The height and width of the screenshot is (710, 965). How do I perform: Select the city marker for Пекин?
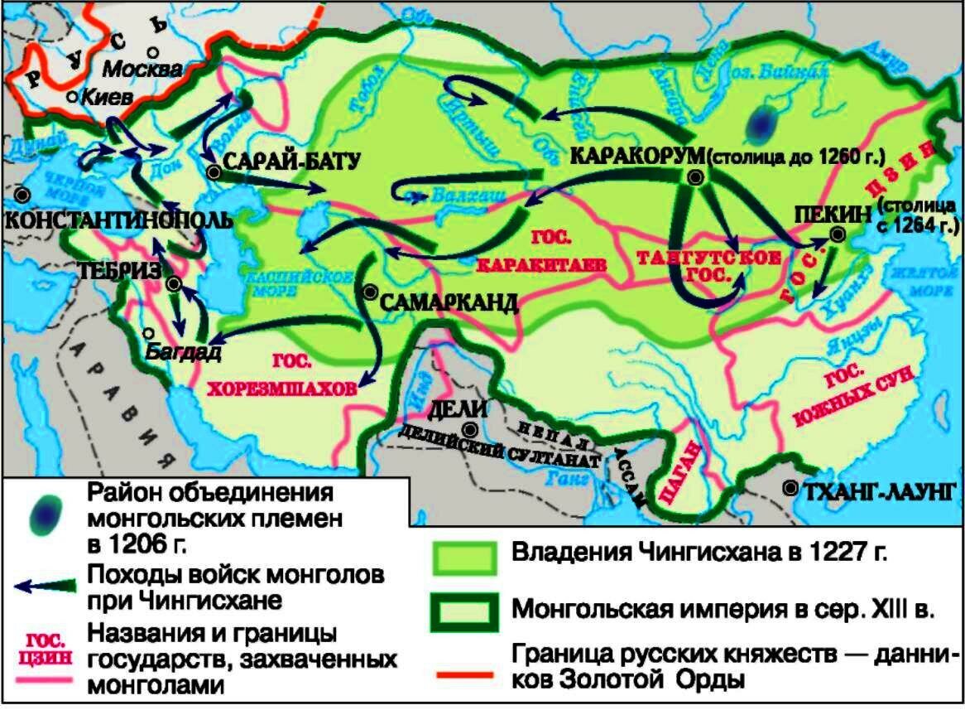pyautogui.click(x=837, y=235)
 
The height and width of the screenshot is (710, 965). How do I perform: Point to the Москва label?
pyautogui.click(x=142, y=68)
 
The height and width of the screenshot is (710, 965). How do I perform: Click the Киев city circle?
pyautogui.click(x=73, y=97)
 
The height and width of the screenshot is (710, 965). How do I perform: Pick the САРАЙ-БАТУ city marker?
pyautogui.click(x=214, y=172)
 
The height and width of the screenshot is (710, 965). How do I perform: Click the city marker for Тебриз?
pyautogui.click(x=174, y=284)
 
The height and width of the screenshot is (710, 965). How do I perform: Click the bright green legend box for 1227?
pyautogui.click(x=463, y=558)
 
